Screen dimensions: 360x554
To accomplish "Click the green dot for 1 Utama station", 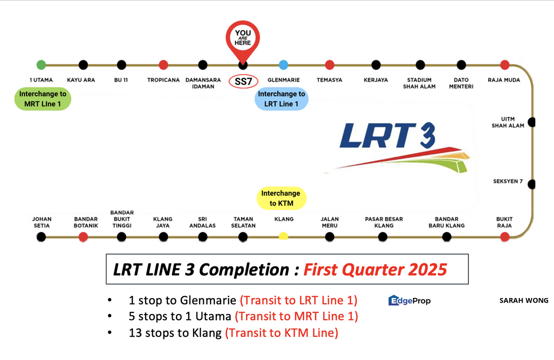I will click(x=41, y=64).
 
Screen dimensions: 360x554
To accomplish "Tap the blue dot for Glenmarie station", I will click(x=283, y=64).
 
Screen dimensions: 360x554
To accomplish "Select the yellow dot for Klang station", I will click(x=283, y=236).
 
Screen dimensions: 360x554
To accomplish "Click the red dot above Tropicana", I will click(x=163, y=64).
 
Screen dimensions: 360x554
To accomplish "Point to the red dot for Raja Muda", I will click(x=504, y=64).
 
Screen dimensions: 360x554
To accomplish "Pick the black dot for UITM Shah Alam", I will click(x=531, y=121).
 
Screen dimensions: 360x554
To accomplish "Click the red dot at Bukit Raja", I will click(x=504, y=236).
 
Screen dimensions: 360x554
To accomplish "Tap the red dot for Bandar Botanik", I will click(x=84, y=236).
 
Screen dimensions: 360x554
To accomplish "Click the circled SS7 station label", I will click(x=243, y=81).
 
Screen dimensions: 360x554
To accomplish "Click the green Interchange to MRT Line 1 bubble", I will click(x=43, y=99).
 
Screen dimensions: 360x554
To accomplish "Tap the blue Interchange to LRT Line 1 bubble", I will click(x=281, y=99).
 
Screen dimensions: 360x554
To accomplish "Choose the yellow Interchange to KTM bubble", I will click(x=281, y=198).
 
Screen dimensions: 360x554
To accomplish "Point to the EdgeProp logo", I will click(x=409, y=300).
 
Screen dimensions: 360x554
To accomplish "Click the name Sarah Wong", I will click(x=523, y=300).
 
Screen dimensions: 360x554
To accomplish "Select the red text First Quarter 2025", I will click(x=375, y=269).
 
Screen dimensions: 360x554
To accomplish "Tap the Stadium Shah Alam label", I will click(x=419, y=83).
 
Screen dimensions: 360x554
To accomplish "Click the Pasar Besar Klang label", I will click(x=384, y=222).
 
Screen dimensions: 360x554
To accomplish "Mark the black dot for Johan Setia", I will click(x=42, y=236).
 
